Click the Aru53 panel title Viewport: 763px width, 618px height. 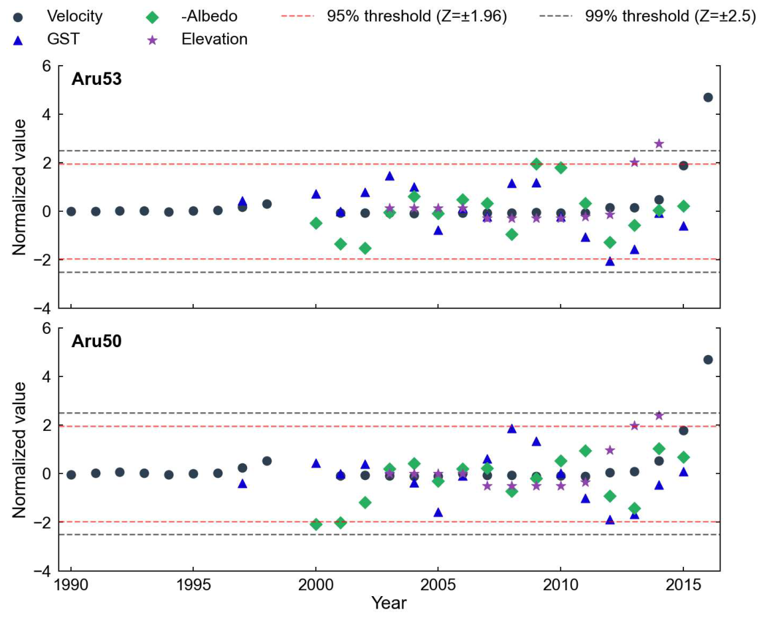96,79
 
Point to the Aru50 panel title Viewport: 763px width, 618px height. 96,341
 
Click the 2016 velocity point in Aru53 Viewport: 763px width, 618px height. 708,97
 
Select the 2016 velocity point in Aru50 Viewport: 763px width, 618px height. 708,360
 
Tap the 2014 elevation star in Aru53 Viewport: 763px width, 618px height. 659,143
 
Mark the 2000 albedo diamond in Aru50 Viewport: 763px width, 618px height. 316,524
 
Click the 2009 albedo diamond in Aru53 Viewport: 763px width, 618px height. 537,163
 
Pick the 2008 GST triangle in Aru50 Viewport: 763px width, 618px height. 512,428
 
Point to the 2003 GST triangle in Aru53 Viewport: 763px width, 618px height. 389,176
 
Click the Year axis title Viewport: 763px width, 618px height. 388,603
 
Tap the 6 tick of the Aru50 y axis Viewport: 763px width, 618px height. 46,328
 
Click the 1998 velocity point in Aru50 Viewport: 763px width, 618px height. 267,461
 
